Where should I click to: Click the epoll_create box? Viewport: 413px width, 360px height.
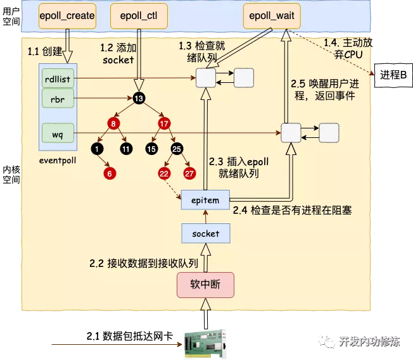pyautogui.click(x=67, y=15)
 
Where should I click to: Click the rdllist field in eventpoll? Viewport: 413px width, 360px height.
pyautogui.click(x=58, y=79)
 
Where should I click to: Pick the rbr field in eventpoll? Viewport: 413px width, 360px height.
pyautogui.click(x=58, y=99)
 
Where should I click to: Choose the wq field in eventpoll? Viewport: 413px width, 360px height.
pyautogui.click(x=58, y=133)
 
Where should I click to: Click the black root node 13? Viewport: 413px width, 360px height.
pyautogui.click(x=139, y=98)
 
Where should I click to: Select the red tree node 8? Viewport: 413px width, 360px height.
pyautogui.click(x=114, y=123)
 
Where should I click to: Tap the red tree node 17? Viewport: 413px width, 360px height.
pyautogui.click(x=163, y=123)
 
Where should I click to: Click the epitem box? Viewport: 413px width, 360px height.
pyautogui.click(x=205, y=200)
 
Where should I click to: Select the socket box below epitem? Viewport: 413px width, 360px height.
pyautogui.click(x=205, y=233)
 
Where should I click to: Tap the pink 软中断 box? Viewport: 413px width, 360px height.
pyautogui.click(x=205, y=283)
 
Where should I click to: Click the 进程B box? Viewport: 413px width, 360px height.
pyautogui.click(x=393, y=75)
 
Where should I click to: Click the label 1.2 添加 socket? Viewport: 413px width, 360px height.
pyautogui.click(x=118, y=54)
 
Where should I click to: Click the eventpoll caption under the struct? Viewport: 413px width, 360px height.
pyautogui.click(x=58, y=160)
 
